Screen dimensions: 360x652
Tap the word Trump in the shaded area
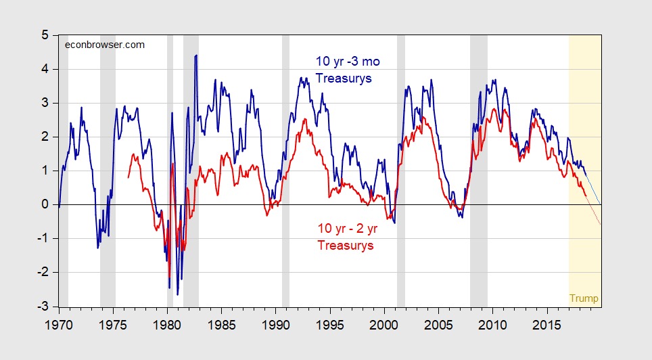[x=584, y=298]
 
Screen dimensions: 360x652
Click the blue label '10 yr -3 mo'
[x=348, y=62]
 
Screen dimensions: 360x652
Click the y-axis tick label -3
[x=41, y=306]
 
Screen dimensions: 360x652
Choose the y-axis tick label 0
[x=44, y=204]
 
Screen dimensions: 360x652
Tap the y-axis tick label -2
[x=41, y=272]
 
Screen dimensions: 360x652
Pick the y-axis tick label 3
[x=44, y=103]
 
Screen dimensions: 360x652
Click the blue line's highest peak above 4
[x=196, y=55]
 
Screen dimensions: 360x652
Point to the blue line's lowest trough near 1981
[x=178, y=294]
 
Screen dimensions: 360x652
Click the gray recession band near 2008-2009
[x=479, y=169]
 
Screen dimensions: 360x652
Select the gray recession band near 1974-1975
[x=108, y=169]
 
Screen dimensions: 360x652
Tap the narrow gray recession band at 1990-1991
[x=285, y=169]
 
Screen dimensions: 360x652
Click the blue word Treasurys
[x=344, y=78]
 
